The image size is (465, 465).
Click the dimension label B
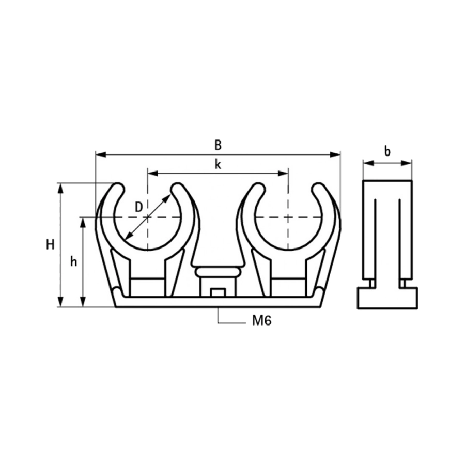tap(218, 145)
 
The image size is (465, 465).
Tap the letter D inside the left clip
tap(139, 207)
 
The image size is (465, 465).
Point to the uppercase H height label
tap(51, 245)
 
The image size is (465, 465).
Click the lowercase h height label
tap(73, 262)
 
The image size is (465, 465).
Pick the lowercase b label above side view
tap(388, 151)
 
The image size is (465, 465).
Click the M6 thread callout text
tap(262, 320)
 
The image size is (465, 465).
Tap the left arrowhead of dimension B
tap(101, 154)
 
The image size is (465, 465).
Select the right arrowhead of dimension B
tap(335, 154)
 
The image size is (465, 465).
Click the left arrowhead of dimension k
tap(152, 173)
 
